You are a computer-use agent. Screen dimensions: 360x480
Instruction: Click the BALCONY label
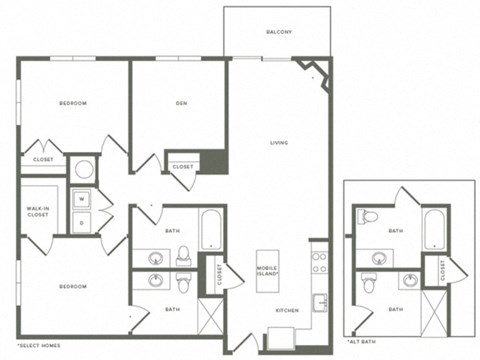[x=279, y=33]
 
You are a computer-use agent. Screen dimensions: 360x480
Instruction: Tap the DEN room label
[x=182, y=103]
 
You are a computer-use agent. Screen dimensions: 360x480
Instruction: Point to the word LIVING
[x=279, y=143]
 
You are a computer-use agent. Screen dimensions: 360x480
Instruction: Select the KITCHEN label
[x=287, y=310]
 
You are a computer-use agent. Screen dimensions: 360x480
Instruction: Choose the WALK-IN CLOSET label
[x=38, y=210]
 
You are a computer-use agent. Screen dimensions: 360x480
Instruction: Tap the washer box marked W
[x=82, y=198]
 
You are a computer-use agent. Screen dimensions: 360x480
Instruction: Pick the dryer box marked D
[x=82, y=222]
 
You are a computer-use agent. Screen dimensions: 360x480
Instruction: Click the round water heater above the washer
[x=82, y=168]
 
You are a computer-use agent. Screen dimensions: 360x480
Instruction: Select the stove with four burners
[x=320, y=263]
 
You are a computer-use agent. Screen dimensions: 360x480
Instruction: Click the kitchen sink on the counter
[x=320, y=300]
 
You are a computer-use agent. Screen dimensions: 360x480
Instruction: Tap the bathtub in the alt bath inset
[x=433, y=231]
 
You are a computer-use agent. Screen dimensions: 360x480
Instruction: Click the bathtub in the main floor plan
[x=211, y=230]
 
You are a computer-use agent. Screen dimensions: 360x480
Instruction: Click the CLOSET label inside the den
[x=182, y=167]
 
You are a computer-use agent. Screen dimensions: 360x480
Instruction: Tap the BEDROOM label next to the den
[x=72, y=103]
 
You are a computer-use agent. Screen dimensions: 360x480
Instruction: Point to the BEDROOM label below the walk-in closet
[x=72, y=287]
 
